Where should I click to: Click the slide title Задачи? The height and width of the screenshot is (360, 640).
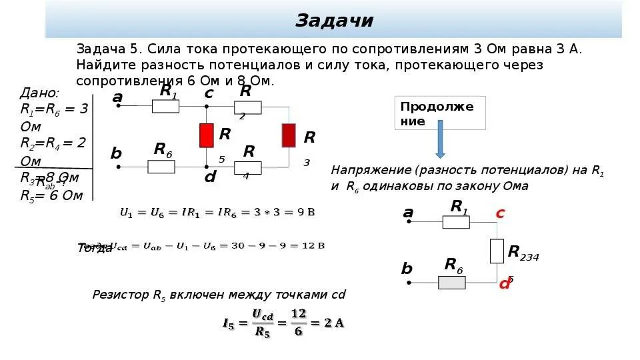tap(335, 21)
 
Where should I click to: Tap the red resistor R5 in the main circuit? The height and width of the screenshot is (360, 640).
tap(207, 135)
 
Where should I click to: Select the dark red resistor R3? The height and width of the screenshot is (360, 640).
tap(289, 135)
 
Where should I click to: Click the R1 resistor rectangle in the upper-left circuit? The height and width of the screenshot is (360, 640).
tap(165, 106)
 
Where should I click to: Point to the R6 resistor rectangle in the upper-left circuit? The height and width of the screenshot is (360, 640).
tap(161, 167)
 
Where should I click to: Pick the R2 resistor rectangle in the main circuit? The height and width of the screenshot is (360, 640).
tap(247, 107)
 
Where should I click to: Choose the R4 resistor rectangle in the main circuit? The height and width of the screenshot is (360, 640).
tap(247, 167)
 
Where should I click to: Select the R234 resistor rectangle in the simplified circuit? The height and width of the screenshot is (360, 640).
tap(497, 251)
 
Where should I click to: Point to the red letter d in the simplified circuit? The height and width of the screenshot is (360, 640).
tap(505, 283)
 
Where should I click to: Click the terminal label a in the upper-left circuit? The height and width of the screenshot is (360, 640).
tap(117, 97)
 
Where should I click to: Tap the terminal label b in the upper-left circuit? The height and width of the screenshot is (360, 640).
tap(116, 154)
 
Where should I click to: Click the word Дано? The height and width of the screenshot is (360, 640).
tap(40, 93)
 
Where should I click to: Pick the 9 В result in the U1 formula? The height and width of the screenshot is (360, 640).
tap(306, 213)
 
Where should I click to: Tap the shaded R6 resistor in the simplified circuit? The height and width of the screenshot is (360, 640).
tap(451, 283)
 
